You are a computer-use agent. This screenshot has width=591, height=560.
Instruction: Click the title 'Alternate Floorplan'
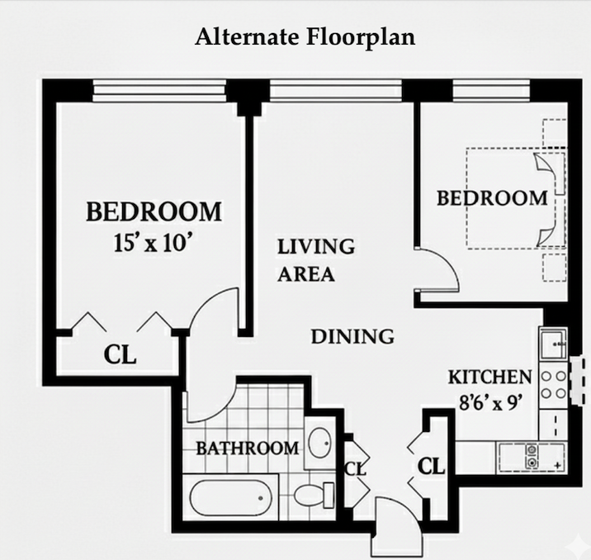pyautogui.click(x=305, y=37)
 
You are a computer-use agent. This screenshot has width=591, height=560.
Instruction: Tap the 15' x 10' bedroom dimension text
pyautogui.click(x=154, y=242)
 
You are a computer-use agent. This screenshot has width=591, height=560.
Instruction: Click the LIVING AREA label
pyautogui.click(x=316, y=260)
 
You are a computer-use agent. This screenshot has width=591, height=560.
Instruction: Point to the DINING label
pyautogui.click(x=352, y=336)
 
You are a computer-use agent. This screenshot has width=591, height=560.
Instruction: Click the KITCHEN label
pyautogui.click(x=490, y=377)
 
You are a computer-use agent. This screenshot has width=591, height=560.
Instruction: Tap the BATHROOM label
pyautogui.click(x=248, y=448)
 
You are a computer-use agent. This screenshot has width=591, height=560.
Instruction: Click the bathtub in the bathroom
pyautogui.click(x=230, y=497)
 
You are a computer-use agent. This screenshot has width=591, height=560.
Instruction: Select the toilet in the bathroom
pyautogui.click(x=314, y=495)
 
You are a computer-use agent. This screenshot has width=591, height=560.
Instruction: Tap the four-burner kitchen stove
pyautogui.click(x=553, y=385)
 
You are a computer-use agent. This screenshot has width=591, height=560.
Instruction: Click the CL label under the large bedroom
pyautogui.click(x=120, y=355)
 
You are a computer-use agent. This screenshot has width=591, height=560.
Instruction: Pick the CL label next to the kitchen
pyautogui.click(x=431, y=466)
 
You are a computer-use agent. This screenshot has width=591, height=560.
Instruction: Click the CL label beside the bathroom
pyautogui.click(x=355, y=469)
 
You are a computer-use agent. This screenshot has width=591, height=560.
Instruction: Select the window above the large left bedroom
pyautogui.click(x=159, y=91)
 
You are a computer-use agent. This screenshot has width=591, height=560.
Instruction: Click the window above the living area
pyautogui.click(x=336, y=91)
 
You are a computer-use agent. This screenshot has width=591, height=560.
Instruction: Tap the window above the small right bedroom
pyautogui.click(x=491, y=91)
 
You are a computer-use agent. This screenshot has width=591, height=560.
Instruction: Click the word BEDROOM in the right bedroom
pyautogui.click(x=492, y=198)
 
